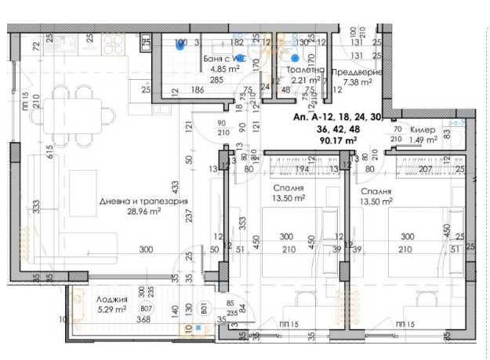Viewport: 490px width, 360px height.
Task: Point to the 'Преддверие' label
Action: pos(357,72)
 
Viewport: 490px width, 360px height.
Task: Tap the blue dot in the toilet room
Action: pos(295,57)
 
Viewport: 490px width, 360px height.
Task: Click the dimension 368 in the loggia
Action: pos(143,318)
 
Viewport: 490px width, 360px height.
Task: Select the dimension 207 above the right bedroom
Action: pos(425,169)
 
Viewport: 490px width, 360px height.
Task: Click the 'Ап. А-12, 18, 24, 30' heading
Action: pos(336,117)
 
